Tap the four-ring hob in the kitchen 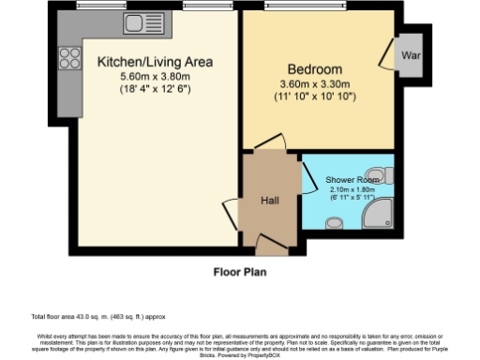70,59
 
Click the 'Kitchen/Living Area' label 156,63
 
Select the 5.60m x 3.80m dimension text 155,77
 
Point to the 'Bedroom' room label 315,70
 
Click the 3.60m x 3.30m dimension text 315,83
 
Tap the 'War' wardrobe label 411,56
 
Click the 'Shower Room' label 352,179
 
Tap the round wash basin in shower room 332,223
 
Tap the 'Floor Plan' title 240,273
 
